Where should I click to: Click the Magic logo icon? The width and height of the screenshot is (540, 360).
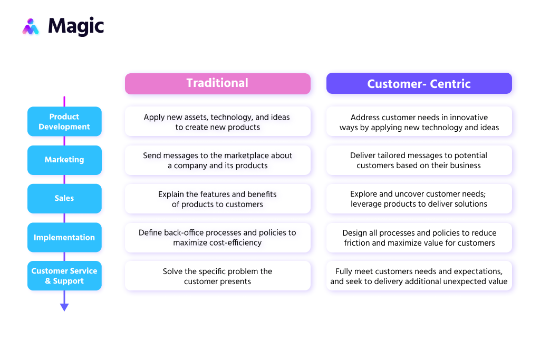(x=31, y=26)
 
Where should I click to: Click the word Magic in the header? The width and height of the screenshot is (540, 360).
(x=76, y=26)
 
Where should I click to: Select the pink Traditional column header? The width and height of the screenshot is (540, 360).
(x=217, y=83)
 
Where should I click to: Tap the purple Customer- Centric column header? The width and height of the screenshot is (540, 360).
(x=419, y=83)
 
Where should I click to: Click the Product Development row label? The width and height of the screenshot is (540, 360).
(x=64, y=122)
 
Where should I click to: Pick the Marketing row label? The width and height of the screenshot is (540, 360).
(x=64, y=160)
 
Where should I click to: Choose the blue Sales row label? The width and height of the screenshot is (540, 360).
(x=64, y=198)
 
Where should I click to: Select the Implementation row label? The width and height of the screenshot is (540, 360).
(x=64, y=237)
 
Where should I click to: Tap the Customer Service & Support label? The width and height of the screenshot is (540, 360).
(x=64, y=276)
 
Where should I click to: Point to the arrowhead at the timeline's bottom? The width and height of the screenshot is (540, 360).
(x=64, y=307)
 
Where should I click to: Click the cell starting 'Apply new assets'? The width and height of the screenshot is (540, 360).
(x=217, y=122)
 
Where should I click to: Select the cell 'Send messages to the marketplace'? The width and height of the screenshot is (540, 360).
(x=217, y=160)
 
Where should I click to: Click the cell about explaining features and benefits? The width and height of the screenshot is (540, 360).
(x=217, y=199)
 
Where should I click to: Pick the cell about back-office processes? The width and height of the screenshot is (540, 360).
(x=217, y=237)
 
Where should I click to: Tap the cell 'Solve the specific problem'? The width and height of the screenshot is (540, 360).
(x=217, y=276)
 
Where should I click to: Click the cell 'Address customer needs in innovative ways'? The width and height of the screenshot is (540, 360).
(x=419, y=122)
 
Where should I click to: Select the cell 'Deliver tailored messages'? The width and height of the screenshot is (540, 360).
(x=419, y=160)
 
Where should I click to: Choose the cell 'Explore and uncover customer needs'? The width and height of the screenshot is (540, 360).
(x=419, y=199)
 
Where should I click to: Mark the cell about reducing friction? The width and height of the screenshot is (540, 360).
(x=419, y=237)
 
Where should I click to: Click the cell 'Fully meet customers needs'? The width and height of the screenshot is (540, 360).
(x=419, y=276)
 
